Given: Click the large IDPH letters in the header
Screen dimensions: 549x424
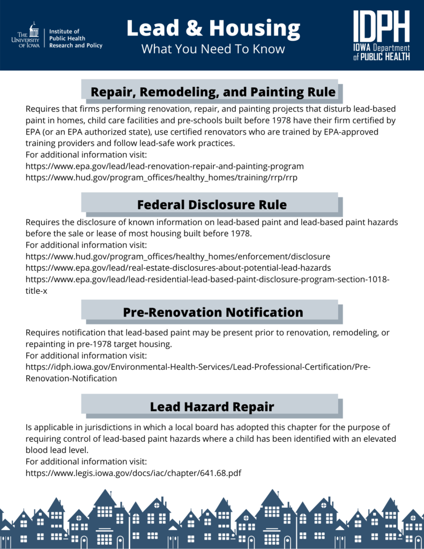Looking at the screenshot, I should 381,27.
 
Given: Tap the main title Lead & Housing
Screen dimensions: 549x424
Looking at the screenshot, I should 213,28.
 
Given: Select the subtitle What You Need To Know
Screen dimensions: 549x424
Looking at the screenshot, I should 213,49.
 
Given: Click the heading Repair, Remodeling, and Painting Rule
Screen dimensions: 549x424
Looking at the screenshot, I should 213,92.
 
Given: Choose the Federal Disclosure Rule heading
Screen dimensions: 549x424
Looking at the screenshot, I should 212,205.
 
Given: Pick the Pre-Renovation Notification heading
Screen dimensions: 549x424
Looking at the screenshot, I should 213,312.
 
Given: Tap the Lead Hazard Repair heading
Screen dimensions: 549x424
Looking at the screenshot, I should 212,407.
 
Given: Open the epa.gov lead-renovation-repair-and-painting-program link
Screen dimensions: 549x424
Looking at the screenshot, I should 165,166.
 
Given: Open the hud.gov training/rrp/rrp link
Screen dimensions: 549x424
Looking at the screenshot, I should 161,177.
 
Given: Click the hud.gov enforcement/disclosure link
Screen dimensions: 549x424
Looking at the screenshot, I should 178,256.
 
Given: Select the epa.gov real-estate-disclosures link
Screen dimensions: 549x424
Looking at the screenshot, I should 178,268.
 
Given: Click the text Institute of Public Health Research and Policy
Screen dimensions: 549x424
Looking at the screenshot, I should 76,39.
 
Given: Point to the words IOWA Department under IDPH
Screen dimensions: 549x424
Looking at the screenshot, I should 381,49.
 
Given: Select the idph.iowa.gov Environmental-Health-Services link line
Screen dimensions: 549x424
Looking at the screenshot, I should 198,367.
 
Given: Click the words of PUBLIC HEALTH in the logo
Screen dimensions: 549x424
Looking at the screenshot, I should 381,57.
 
